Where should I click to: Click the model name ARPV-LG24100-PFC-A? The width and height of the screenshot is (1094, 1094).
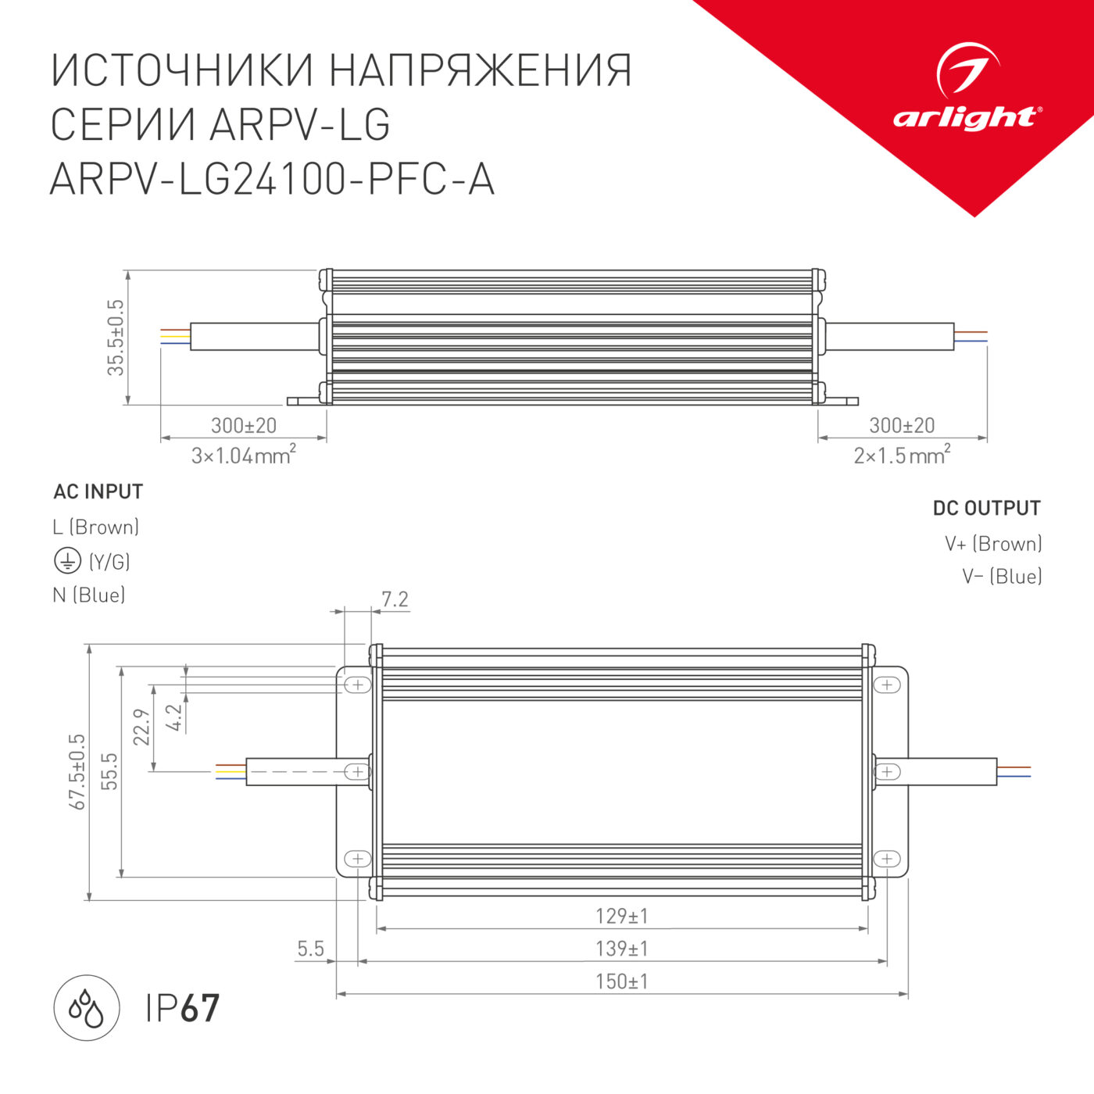[x=272, y=179]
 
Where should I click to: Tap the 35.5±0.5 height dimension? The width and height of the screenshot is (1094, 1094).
[x=116, y=338]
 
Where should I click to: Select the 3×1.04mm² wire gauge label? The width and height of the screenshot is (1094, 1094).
[x=243, y=455]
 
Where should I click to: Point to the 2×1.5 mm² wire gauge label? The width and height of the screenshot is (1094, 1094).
[x=902, y=455]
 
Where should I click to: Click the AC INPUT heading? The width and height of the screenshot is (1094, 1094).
[x=98, y=492]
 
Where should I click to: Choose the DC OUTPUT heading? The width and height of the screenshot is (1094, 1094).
[x=986, y=508]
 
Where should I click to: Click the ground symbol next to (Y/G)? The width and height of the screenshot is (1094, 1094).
[x=67, y=560]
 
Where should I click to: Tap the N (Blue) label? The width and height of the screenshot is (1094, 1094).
[x=89, y=595]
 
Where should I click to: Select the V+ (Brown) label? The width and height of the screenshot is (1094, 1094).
[x=993, y=543]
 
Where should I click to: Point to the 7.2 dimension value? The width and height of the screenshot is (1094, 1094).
[x=395, y=599]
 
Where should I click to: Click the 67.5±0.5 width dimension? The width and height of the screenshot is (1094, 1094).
[x=77, y=771]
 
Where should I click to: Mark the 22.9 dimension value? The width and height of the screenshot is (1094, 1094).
[x=141, y=727]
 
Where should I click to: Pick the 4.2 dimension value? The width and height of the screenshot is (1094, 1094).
[x=174, y=717]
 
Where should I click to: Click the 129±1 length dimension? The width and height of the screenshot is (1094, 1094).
[x=621, y=915]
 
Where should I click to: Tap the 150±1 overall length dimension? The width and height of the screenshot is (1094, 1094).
[x=621, y=981]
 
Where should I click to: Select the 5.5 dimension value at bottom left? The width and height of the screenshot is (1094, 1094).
[x=310, y=949]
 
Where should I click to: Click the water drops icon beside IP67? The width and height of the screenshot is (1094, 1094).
[x=86, y=1008]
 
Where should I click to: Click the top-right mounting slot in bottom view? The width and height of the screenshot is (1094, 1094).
[x=887, y=685]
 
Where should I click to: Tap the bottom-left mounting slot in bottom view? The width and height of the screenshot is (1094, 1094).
[x=357, y=858]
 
